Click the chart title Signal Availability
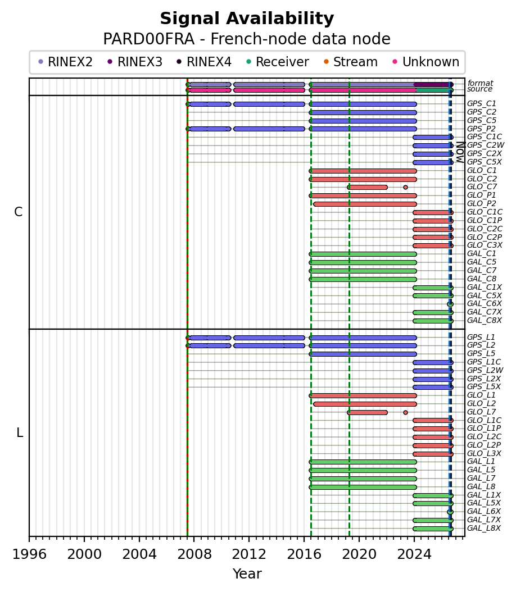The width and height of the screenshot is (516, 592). point(247,19)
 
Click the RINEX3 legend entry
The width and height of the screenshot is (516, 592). point(135,62)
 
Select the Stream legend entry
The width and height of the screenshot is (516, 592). point(351,62)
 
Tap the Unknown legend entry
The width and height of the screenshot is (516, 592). point(426,62)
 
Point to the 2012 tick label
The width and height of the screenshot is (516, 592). point(249,554)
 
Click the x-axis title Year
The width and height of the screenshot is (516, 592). point(247,573)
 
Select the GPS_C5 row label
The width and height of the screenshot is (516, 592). point(482,120)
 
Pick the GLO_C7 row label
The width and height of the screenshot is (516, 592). point(482,187)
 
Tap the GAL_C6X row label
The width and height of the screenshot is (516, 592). point(485,303)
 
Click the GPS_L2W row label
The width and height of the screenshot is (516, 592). point(485,370)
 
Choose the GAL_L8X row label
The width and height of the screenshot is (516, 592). point(484,528)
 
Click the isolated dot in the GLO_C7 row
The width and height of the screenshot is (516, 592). point(405,187)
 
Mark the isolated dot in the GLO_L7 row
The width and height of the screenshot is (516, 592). point(405,412)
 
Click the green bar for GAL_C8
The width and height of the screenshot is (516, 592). point(363,279)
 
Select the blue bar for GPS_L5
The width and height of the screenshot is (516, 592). point(363,354)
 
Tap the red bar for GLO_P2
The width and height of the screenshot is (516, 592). point(365,204)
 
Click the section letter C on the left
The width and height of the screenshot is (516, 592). point(18,212)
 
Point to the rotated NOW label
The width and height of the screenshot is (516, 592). point(460,152)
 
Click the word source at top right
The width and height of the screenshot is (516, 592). point(479,89)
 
